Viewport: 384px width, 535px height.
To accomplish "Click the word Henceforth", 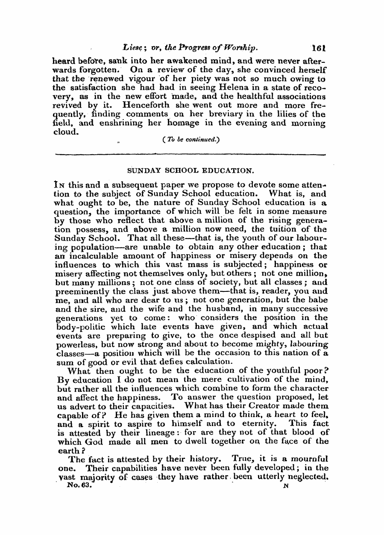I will tap(143, 105).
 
